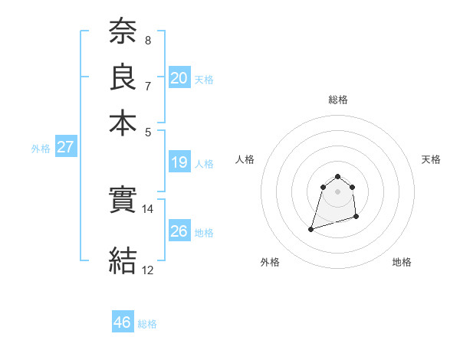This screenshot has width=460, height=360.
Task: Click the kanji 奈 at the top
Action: [123, 31]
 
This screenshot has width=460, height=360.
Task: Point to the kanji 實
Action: [123, 201]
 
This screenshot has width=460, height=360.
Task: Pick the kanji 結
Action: [123, 260]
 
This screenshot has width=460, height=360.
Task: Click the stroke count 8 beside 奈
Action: [148, 41]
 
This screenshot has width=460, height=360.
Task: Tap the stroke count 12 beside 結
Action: [148, 270]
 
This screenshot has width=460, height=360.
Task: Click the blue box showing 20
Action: [179, 78]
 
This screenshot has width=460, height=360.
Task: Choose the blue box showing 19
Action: [179, 162]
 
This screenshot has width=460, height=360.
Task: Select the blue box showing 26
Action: [179, 231]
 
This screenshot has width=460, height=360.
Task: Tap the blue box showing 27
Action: [66, 147]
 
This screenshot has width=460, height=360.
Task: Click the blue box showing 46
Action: [123, 322]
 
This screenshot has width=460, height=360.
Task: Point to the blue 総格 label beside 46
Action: [147, 324]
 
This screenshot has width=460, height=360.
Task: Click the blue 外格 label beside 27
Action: [41, 149]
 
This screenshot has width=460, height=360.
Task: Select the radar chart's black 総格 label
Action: [338, 100]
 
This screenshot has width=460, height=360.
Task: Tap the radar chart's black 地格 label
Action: [402, 262]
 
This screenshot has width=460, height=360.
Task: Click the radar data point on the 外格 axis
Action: [311, 228]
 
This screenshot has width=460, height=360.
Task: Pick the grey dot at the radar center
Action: [338, 191]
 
